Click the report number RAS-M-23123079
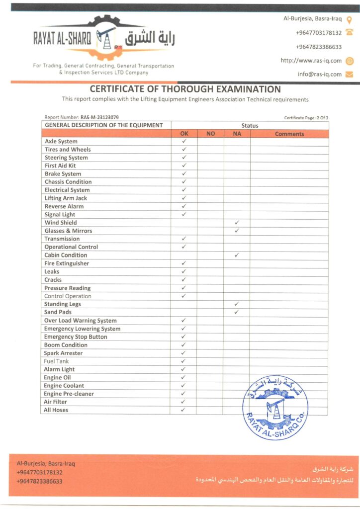tap(99, 117)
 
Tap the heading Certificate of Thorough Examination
tap(185, 89)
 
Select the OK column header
tap(183, 134)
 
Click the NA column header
tap(237, 134)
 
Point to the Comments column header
tap(289, 134)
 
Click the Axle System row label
tap(61, 142)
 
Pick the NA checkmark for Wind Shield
tap(237, 223)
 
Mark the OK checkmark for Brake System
tap(183, 174)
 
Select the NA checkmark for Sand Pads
tap(237, 312)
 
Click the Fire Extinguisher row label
tap(67, 263)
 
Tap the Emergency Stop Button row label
tap(76, 337)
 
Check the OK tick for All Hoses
tap(183, 410)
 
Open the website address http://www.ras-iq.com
tap(311, 61)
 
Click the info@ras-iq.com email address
tap(320, 74)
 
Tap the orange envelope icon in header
tap(349, 75)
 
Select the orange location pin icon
tap(349, 20)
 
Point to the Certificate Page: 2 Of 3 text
tap(306, 118)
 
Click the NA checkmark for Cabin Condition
tap(237, 255)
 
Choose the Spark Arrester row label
tap(63, 353)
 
